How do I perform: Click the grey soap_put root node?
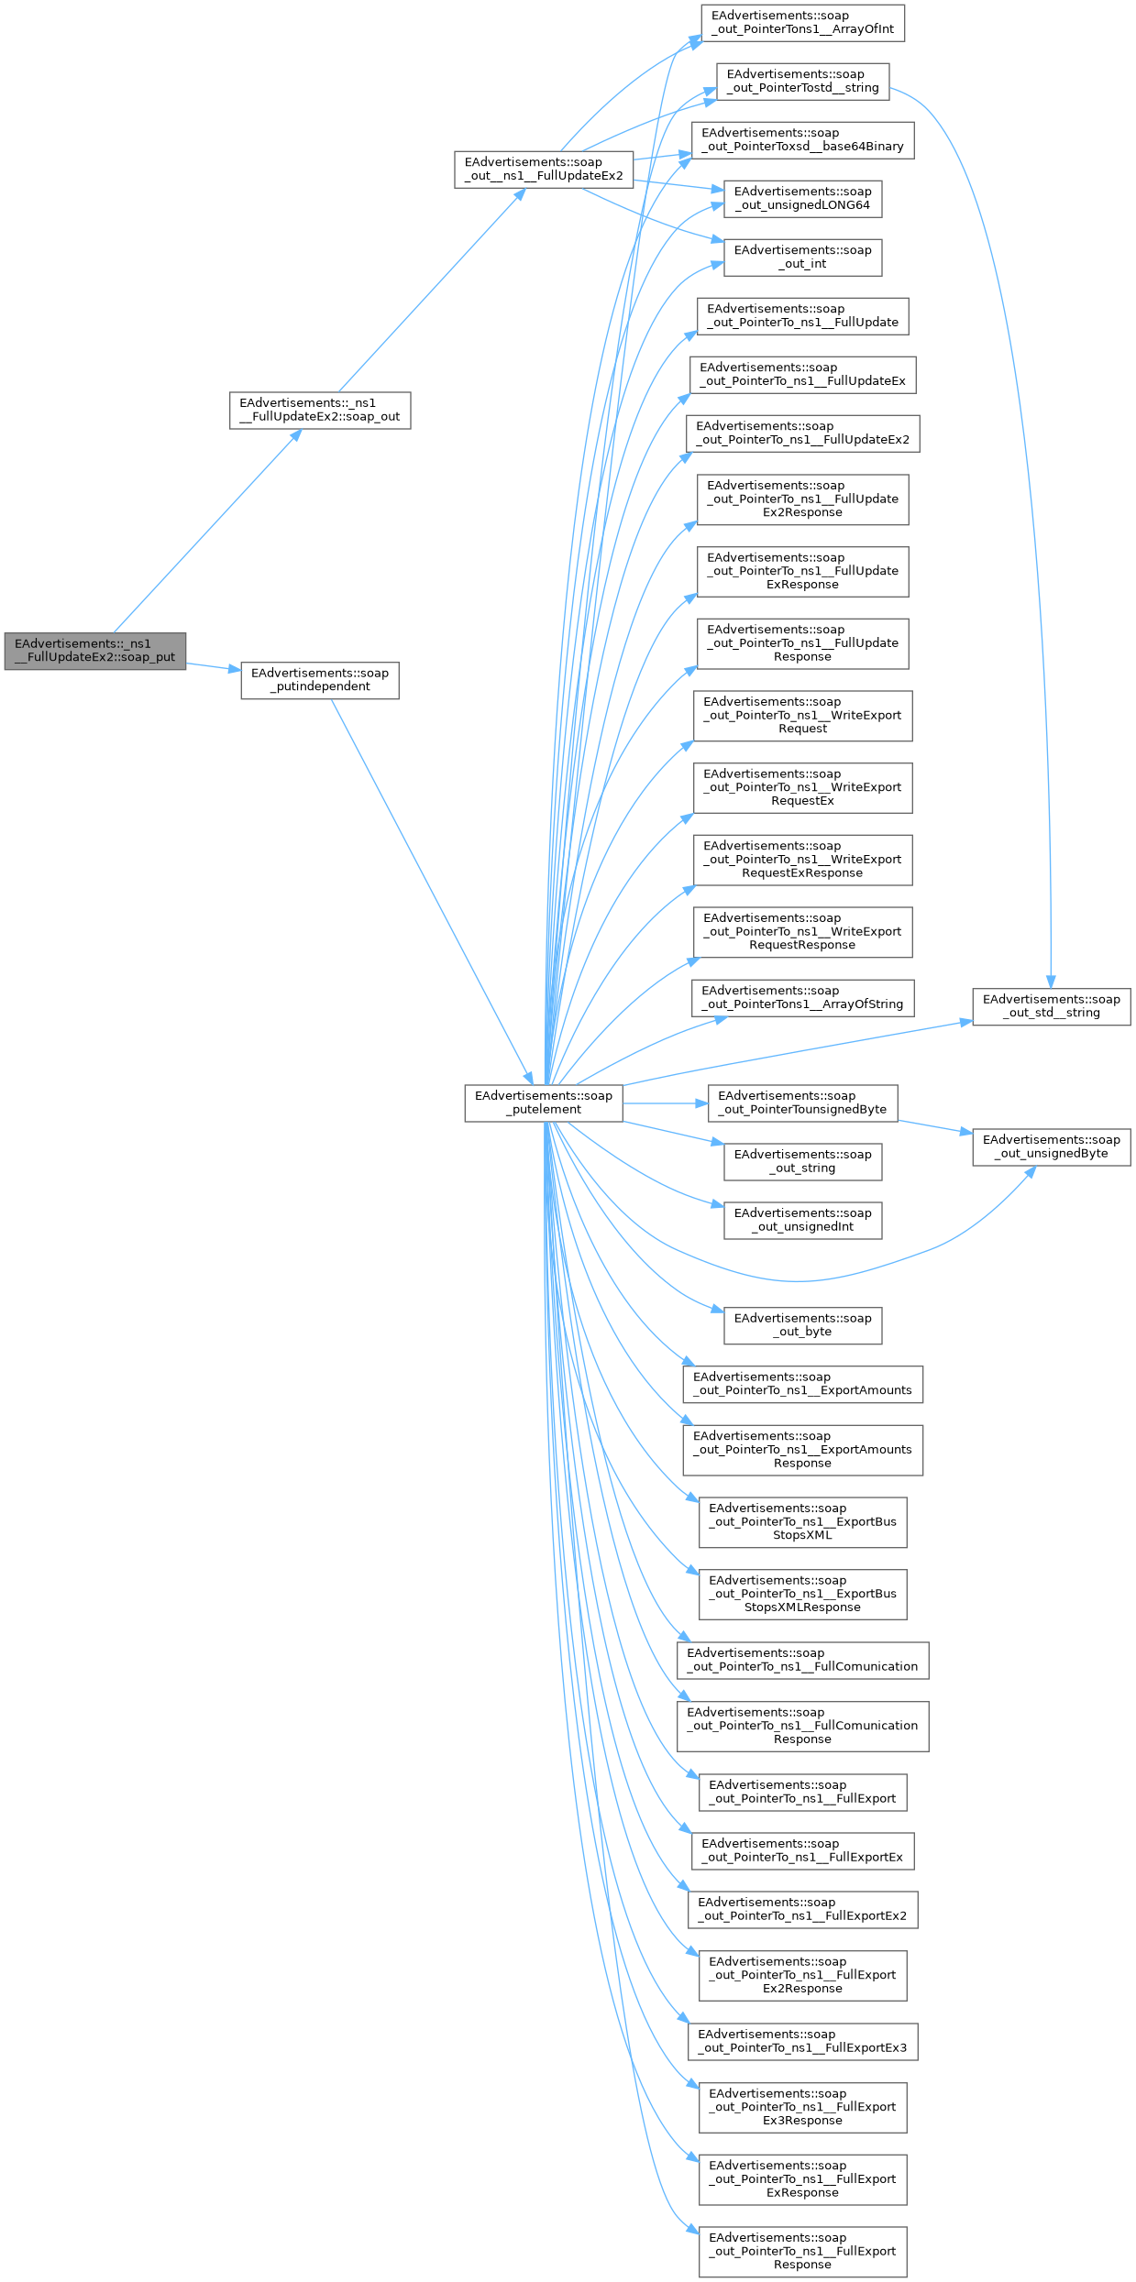pos(94,651)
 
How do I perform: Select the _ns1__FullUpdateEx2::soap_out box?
pos(319,410)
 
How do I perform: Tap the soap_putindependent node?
pos(319,680)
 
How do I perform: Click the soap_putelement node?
pos(543,1103)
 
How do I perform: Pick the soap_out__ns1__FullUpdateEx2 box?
pos(543,170)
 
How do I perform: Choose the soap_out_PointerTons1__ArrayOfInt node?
pos(802,23)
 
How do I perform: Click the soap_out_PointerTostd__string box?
pos(802,82)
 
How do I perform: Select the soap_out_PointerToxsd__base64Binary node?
pos(802,140)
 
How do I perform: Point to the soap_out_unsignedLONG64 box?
pos(802,199)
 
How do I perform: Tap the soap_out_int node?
pos(802,258)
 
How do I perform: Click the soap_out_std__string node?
pos(1051,1006)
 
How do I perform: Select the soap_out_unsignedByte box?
pos(1051,1146)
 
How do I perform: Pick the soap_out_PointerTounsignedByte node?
pos(802,1103)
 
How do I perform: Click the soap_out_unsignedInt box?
pos(802,1220)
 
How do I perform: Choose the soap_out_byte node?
pos(802,1325)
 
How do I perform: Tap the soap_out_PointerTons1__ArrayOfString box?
pos(802,997)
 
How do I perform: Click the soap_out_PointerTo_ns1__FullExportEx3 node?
pos(802,2041)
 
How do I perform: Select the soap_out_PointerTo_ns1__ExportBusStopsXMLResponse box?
pos(802,1594)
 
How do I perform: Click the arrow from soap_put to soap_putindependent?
pos(213,667)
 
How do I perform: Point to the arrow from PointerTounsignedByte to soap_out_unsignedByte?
pos(935,1126)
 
